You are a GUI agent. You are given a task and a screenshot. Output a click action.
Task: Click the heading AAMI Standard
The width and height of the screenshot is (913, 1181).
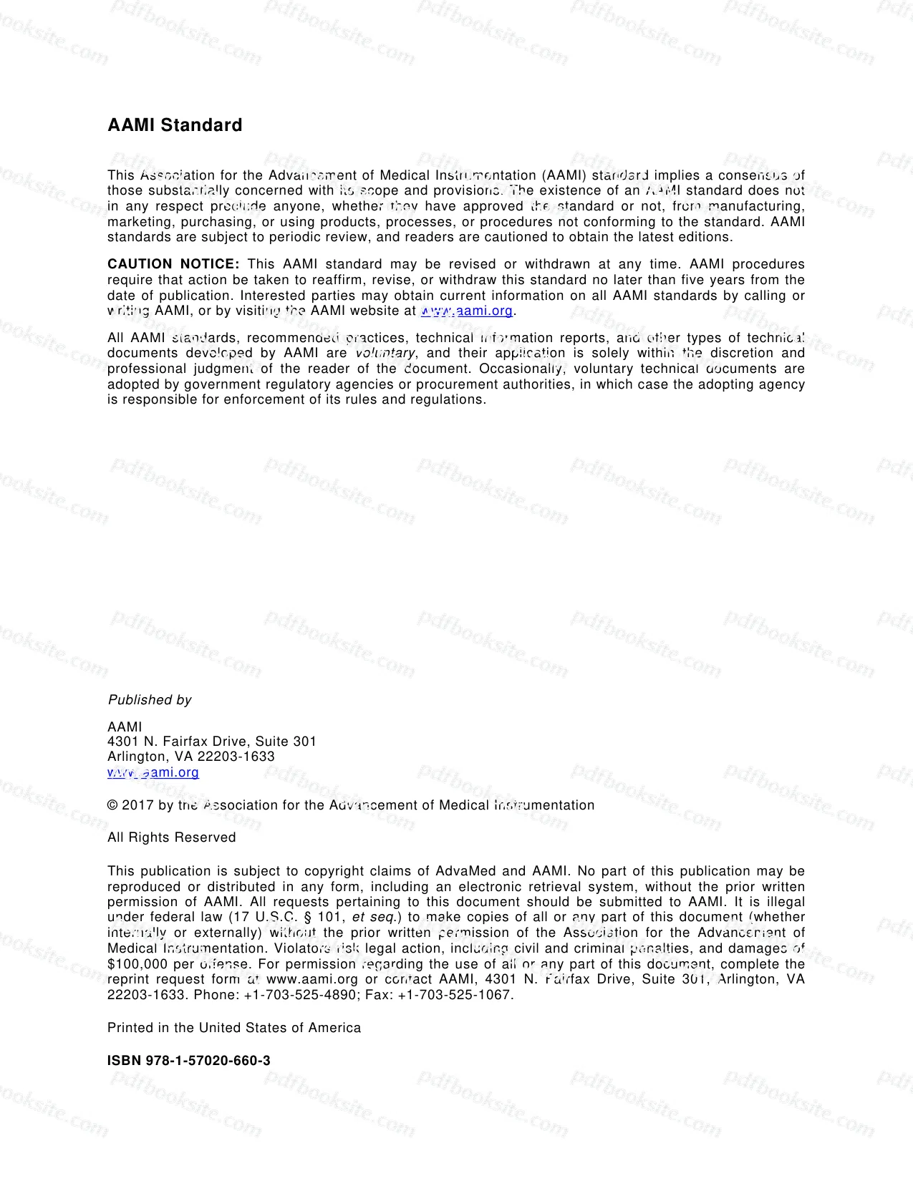[x=175, y=125]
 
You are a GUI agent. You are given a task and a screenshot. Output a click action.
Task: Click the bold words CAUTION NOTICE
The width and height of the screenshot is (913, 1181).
[x=173, y=264]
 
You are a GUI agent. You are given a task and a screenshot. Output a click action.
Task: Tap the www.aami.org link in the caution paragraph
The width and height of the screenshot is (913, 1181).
[x=467, y=311]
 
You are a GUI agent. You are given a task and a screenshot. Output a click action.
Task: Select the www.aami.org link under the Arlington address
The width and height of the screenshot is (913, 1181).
[x=153, y=772]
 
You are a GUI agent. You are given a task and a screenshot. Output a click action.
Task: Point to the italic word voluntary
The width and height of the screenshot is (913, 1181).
[x=385, y=353]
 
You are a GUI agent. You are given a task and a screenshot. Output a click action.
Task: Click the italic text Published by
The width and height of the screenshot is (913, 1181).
[x=150, y=700]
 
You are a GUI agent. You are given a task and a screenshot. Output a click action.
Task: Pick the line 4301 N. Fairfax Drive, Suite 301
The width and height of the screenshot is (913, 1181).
[x=212, y=742]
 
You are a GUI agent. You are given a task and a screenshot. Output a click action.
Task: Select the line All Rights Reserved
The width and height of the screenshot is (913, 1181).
[x=172, y=837]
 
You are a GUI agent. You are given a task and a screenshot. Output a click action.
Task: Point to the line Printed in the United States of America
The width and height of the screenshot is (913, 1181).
[x=234, y=1028]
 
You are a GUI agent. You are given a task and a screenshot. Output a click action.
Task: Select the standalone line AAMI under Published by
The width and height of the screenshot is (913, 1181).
[x=125, y=726]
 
